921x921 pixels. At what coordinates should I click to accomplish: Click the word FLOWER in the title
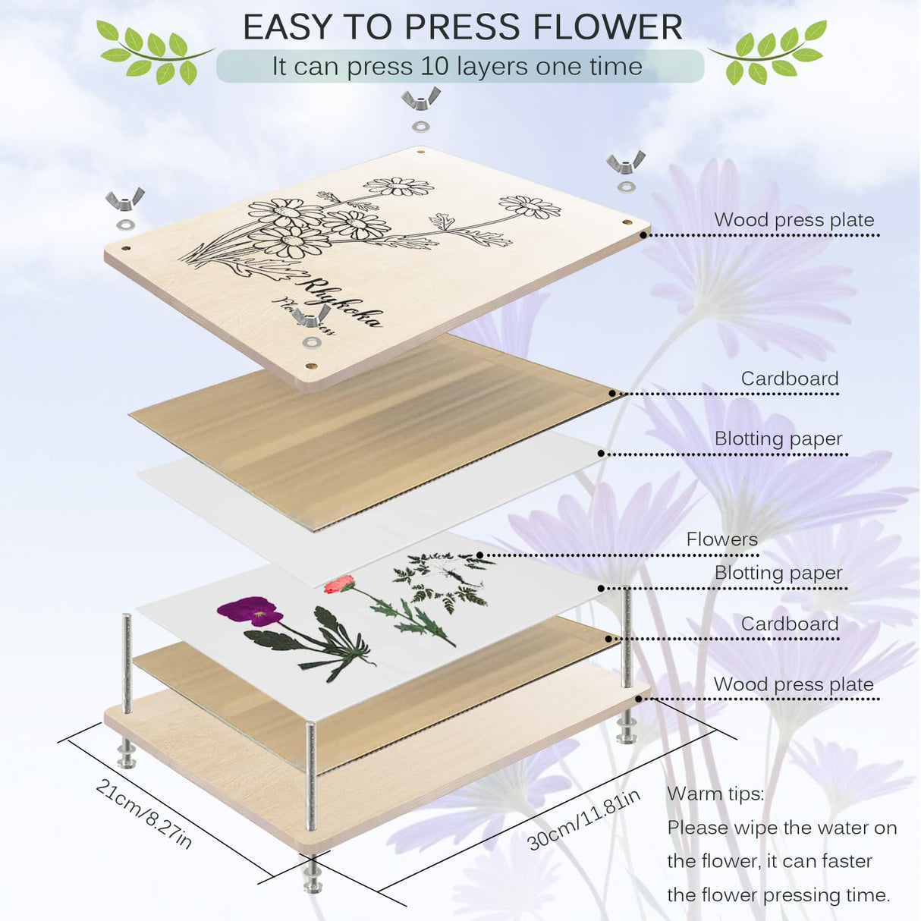(608, 27)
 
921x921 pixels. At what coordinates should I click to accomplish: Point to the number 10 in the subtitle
(435, 67)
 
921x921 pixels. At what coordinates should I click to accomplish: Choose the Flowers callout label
(721, 539)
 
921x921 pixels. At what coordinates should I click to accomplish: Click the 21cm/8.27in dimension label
(144, 813)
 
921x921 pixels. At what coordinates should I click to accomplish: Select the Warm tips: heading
(715, 794)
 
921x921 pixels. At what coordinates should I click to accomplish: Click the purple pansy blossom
(249, 611)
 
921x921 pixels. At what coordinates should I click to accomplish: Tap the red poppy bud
(338, 583)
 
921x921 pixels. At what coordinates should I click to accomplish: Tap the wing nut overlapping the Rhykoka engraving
(312, 317)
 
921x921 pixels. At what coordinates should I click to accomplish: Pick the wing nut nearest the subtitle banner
(421, 98)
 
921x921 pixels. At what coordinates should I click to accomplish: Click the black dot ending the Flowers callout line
(480, 555)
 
